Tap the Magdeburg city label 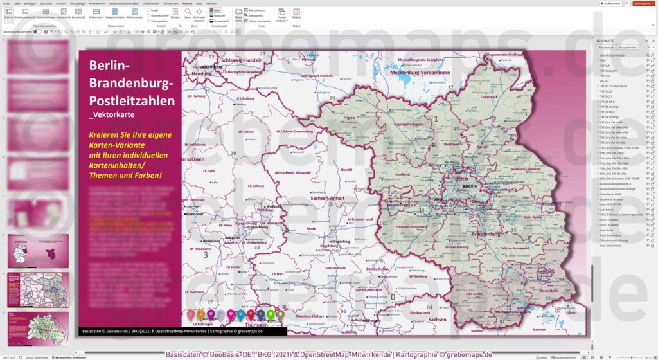coord(341,242)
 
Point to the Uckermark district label coord(489,97)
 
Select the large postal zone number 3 coord(206,255)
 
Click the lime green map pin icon coord(271,314)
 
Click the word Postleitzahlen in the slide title coord(132,101)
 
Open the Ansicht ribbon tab coord(187,3)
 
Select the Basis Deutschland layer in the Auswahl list coord(614,245)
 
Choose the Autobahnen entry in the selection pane coord(608,209)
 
